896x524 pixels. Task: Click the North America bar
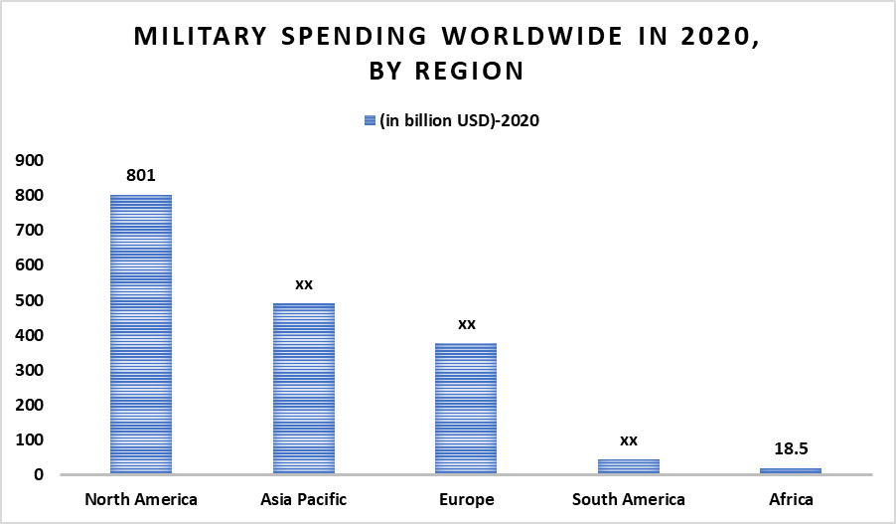coord(141,334)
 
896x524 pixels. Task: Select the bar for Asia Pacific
coord(304,389)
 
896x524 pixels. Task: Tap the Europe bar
coord(466,409)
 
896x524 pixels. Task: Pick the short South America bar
coord(629,466)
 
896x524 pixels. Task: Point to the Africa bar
coord(791,471)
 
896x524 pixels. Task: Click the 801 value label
coord(141,175)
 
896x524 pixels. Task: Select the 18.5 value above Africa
coord(791,448)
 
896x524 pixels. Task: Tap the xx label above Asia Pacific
coord(304,284)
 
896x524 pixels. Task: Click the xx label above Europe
coord(466,324)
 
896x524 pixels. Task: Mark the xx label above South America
coord(629,439)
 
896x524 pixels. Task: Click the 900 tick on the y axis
coord(29,160)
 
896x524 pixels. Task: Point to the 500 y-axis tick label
coord(29,300)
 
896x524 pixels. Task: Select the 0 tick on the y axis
coord(39,475)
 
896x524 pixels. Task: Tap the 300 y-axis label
coord(29,370)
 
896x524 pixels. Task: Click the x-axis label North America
coord(141,499)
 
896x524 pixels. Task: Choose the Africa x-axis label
coord(791,499)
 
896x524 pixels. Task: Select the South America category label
coord(629,499)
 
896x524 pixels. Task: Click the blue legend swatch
coord(370,120)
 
